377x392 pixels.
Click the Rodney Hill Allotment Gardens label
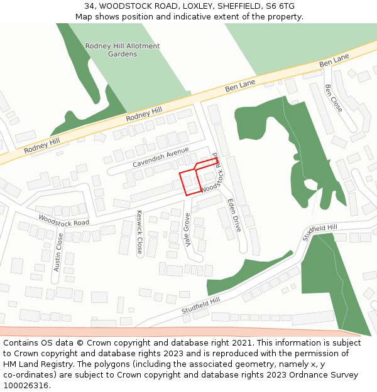coord(123,50)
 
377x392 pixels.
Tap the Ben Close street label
coord(334,98)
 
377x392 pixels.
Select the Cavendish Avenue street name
coord(160,157)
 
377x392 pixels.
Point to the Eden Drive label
coord(234,215)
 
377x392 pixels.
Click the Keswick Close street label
coord(139,232)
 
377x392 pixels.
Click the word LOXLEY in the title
coord(193,6)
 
